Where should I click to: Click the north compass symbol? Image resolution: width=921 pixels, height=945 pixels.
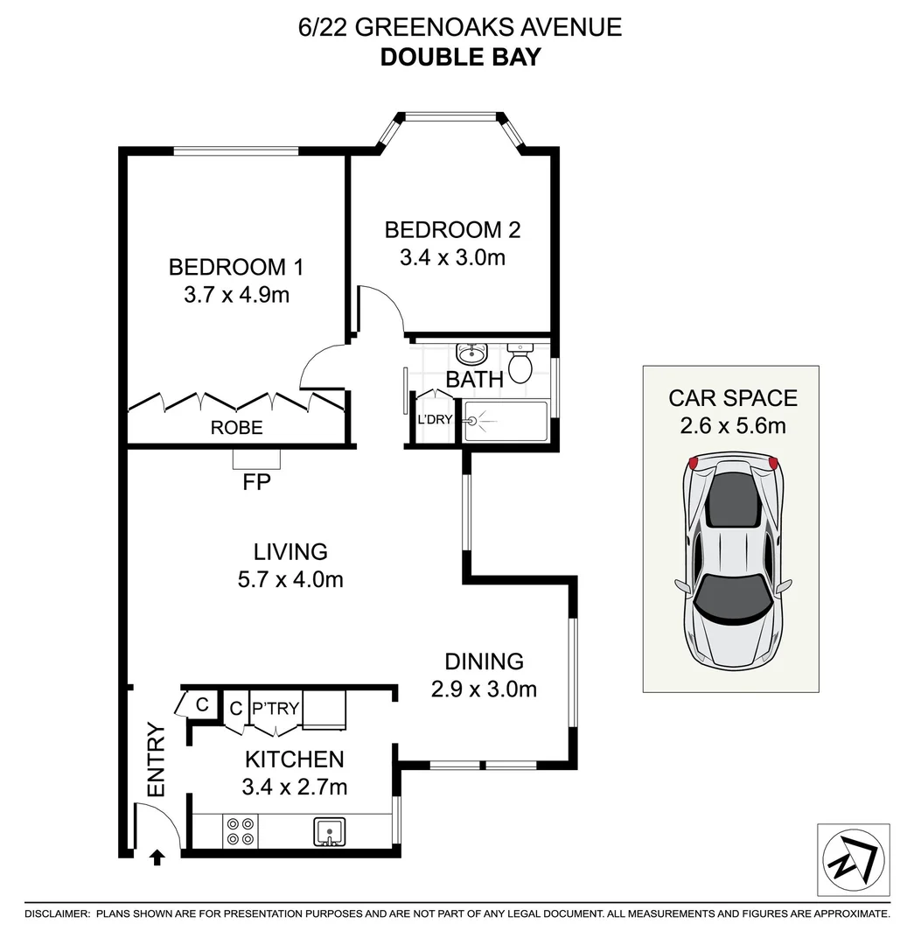click(853, 858)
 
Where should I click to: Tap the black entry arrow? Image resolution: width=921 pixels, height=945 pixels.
click(157, 857)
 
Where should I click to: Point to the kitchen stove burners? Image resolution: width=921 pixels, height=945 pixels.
click(241, 830)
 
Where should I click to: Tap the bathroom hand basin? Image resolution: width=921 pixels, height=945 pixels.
click(471, 354)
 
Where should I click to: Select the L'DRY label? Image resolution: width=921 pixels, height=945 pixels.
click(435, 419)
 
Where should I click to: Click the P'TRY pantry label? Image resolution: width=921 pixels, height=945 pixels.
click(275, 708)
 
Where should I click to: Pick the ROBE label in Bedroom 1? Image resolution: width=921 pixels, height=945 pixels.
click(236, 428)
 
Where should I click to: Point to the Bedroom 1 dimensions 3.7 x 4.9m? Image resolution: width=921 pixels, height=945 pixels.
click(236, 295)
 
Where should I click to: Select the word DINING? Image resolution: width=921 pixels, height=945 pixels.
click(484, 661)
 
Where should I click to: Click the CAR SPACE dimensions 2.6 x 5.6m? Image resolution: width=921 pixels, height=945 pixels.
click(733, 426)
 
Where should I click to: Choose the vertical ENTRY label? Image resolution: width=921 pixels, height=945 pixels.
click(157, 759)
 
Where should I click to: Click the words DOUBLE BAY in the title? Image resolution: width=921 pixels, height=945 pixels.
click(460, 58)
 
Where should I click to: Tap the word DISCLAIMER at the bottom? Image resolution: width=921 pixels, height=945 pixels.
click(57, 913)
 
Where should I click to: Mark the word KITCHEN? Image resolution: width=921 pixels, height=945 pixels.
click(294, 759)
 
